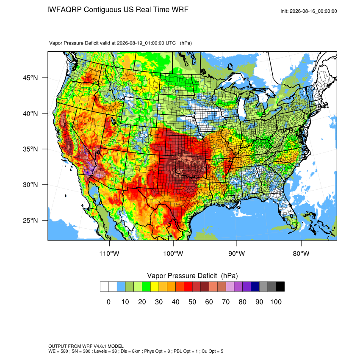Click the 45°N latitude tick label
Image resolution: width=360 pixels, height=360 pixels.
pyautogui.click(x=30, y=78)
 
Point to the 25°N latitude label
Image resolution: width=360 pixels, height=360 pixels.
pyautogui.click(x=30, y=220)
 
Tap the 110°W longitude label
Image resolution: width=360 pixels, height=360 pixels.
pyautogui.click(x=109, y=253)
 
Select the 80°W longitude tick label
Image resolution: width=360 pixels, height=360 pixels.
pyautogui.click(x=301, y=253)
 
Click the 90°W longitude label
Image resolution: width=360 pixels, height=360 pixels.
pyautogui.click(x=236, y=253)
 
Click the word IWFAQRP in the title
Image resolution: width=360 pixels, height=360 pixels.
pyautogui.click(x=64, y=10)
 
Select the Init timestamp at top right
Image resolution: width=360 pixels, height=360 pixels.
pyautogui.click(x=309, y=11)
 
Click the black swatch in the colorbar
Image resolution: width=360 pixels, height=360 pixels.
pyautogui.click(x=280, y=287)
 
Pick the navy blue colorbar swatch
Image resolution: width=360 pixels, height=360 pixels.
pyautogui.click(x=255, y=287)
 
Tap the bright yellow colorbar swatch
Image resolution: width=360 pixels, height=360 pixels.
pyautogui.click(x=155, y=287)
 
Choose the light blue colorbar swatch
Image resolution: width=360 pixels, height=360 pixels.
pyautogui.click(x=121, y=287)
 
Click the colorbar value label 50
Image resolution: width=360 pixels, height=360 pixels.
pyautogui.click(x=192, y=302)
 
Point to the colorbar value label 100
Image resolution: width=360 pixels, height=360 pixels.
pyautogui.click(x=276, y=302)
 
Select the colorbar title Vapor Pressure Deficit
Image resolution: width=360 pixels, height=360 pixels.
pyautogui.click(x=182, y=276)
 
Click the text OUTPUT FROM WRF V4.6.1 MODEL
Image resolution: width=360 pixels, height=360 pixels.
pyautogui.click(x=86, y=346)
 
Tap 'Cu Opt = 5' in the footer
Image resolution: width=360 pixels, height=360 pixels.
pyautogui.click(x=212, y=351)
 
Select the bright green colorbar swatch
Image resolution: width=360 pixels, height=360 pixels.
pyautogui.click(x=147, y=287)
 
